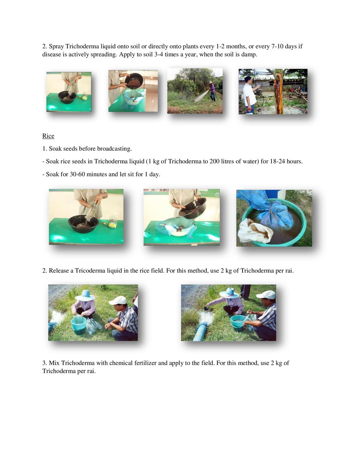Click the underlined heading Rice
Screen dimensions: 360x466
pos(48,136)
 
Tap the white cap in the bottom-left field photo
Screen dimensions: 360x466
pos(118,300)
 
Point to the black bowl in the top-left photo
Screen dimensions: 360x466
pos(67,97)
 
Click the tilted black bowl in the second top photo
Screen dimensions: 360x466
pos(134,82)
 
